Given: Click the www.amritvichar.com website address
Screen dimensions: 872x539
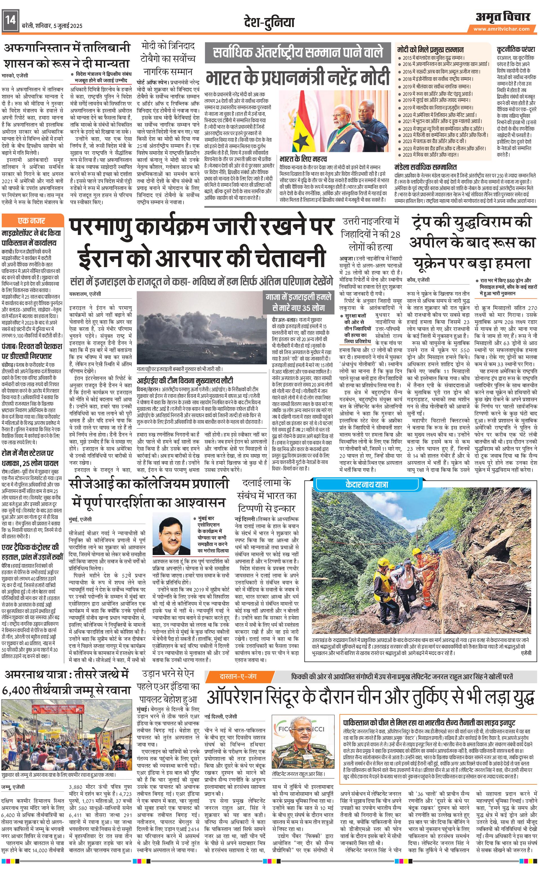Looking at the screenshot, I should click(501, 29).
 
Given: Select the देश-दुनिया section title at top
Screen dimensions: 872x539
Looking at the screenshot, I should click(269, 22).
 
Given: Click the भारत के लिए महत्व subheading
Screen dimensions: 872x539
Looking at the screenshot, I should click(303, 158).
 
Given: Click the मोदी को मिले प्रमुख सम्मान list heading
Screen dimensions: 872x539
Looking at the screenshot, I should click(430, 50).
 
